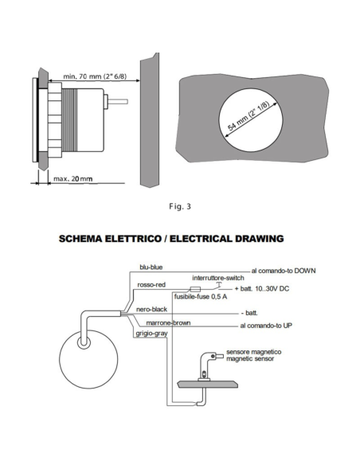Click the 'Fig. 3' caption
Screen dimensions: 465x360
click(180, 207)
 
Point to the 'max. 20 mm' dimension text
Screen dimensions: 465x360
click(72, 179)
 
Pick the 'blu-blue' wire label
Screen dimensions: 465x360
click(151, 268)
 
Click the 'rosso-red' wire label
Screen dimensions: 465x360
click(152, 284)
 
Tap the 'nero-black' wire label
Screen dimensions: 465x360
click(151, 307)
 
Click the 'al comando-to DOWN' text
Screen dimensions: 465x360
click(284, 272)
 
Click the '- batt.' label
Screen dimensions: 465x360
click(253, 312)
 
